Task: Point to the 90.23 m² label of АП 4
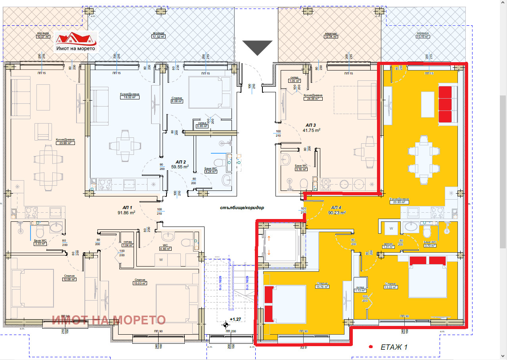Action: (337, 212)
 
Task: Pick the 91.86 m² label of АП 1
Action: (126, 212)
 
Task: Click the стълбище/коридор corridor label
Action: (242, 208)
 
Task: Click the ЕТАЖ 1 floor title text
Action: (394, 347)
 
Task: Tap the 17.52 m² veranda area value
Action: (158, 37)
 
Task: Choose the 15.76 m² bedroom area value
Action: (322, 287)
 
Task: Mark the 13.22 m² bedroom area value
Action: (390, 287)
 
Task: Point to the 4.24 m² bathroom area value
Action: (210, 171)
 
